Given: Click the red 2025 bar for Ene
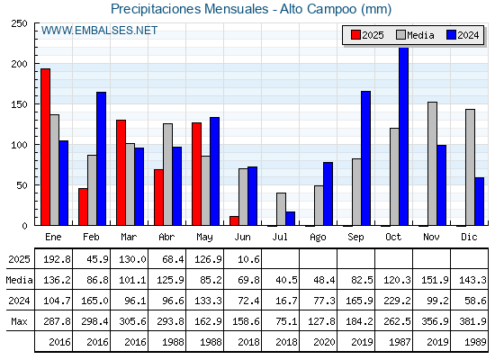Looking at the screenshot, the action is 45,147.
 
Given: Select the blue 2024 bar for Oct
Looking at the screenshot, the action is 403,136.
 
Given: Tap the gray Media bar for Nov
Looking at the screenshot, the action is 432,164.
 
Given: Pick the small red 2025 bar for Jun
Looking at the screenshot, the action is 234,220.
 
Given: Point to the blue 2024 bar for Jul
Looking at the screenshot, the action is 290,219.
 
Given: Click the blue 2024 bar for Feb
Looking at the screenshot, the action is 101,158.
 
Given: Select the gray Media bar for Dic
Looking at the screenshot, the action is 470,167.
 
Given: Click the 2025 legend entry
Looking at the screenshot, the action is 367,35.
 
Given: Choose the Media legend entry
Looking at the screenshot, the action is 415,35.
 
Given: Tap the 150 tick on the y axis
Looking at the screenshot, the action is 20,104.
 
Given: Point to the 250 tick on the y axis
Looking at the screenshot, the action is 20,23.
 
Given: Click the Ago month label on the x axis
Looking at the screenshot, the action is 318,238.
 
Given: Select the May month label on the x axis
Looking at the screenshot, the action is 204,238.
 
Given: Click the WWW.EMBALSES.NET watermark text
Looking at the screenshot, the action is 99,31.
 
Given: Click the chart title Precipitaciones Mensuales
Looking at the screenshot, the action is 190,9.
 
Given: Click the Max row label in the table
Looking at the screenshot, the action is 19,321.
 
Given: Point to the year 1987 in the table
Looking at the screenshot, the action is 400,342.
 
